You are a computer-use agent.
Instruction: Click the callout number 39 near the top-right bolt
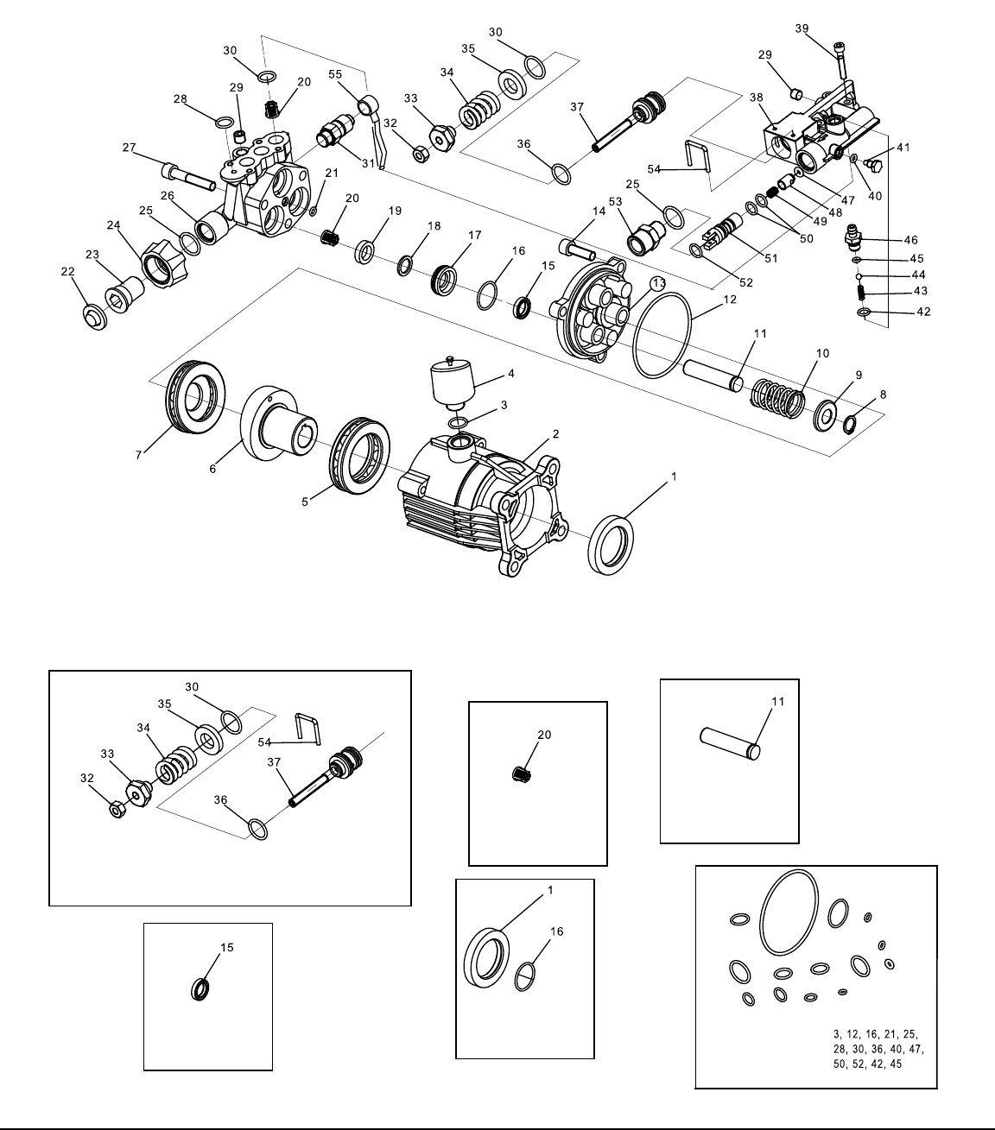click(802, 28)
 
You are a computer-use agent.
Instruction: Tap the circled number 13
click(659, 283)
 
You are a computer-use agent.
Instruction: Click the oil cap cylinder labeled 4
click(452, 382)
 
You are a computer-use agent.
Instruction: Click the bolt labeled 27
click(188, 176)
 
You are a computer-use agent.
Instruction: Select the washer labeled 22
click(94, 317)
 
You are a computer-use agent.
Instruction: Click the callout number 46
click(910, 240)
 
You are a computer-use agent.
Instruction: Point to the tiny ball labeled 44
click(859, 276)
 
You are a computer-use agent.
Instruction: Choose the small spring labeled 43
click(861, 293)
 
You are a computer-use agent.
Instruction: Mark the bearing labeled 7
click(195, 395)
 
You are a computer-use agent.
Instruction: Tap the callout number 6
click(212, 469)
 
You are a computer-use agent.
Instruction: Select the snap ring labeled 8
click(849, 425)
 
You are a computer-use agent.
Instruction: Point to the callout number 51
click(770, 258)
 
